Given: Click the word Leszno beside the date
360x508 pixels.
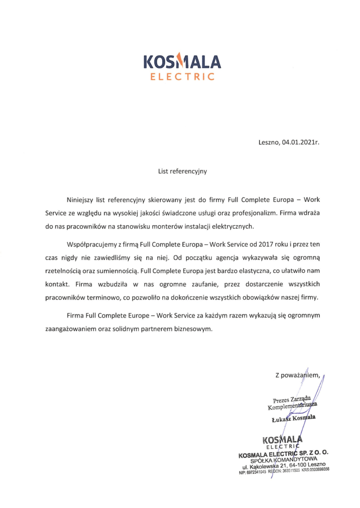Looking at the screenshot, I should tap(269, 142).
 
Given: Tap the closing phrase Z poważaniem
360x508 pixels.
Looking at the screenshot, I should tap(298, 375).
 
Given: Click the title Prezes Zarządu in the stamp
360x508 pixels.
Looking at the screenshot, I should tap(291, 399).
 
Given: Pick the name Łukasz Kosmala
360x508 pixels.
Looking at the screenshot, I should tap(294, 420).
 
